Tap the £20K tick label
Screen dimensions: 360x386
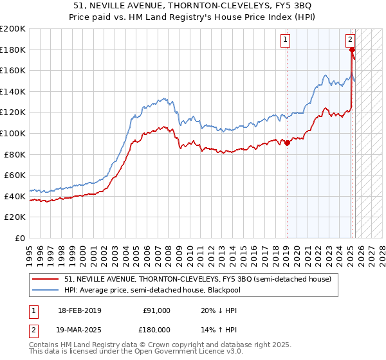tap(15, 217)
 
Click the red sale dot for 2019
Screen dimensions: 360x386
tap(287, 143)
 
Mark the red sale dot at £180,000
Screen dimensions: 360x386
tap(353, 50)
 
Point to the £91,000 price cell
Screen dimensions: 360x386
tap(156, 310)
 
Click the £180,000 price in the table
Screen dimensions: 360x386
tap(156, 329)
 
